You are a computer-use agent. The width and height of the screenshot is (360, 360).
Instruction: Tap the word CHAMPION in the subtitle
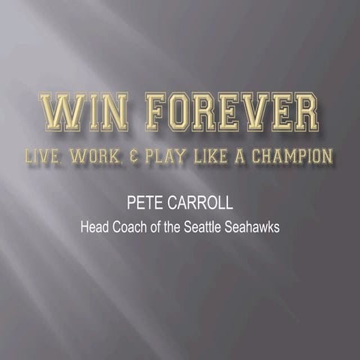click(x=289, y=156)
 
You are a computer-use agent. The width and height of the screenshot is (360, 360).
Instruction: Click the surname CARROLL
click(x=199, y=203)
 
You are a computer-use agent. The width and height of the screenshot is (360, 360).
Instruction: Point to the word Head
click(x=94, y=227)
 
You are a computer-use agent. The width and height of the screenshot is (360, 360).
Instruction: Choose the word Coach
click(x=130, y=227)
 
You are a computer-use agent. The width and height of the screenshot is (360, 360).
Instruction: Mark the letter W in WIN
click(x=58, y=112)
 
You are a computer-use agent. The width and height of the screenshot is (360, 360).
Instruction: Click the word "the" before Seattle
click(x=172, y=227)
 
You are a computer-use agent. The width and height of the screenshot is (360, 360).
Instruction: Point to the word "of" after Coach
click(x=155, y=227)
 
